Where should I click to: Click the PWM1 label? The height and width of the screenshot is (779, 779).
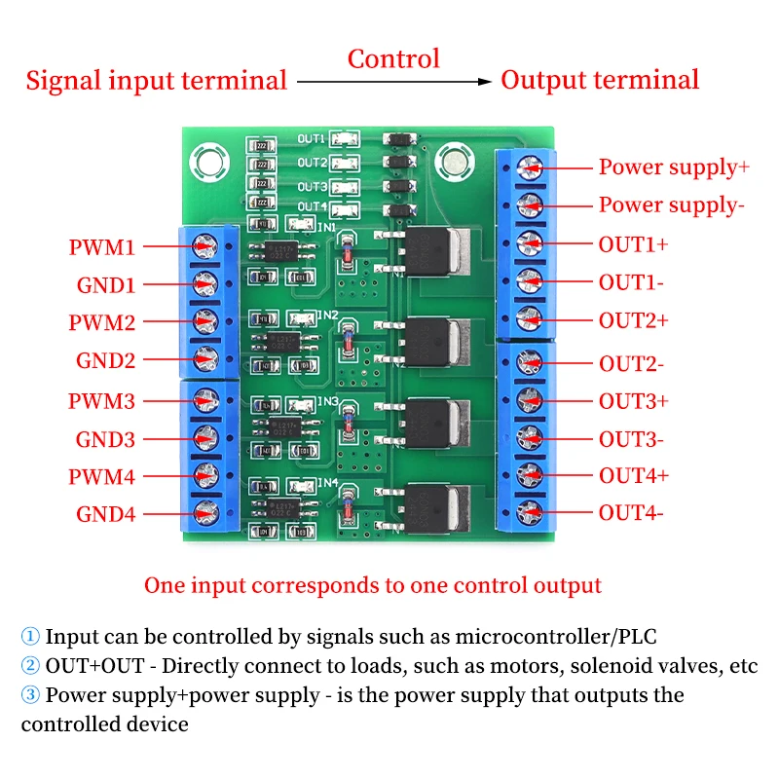101,247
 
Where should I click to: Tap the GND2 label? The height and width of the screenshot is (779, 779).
106,360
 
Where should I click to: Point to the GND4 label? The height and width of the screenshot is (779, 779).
106,514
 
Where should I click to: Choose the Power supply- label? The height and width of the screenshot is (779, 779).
671,204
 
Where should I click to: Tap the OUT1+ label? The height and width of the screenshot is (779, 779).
634,243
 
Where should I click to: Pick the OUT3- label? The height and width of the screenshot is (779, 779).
631,438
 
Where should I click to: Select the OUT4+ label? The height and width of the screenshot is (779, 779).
634,475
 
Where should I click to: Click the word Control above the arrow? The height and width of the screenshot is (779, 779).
393,58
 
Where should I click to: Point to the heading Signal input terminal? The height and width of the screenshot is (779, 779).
156,80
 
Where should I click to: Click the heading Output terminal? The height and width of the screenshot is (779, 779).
600,80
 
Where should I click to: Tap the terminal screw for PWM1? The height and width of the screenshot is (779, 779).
205,246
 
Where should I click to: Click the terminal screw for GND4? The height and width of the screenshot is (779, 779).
205,513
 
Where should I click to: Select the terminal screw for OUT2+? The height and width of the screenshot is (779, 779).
528,317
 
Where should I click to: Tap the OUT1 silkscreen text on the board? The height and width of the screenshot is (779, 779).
312,139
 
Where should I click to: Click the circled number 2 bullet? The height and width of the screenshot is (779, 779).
31,667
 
